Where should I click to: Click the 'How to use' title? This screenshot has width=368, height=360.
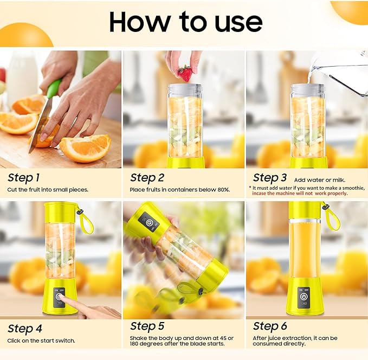[x=185, y=22]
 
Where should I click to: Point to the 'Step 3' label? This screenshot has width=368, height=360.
[x=269, y=177]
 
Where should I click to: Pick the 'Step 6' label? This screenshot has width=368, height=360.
[x=269, y=326]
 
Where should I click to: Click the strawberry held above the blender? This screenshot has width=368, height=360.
[x=185, y=73]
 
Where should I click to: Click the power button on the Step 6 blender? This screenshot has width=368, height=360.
[x=304, y=296]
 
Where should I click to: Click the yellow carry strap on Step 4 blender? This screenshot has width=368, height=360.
[x=86, y=218]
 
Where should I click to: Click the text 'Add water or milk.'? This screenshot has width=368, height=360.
[x=319, y=179]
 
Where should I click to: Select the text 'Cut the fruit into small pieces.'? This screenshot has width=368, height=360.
[x=48, y=190]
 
